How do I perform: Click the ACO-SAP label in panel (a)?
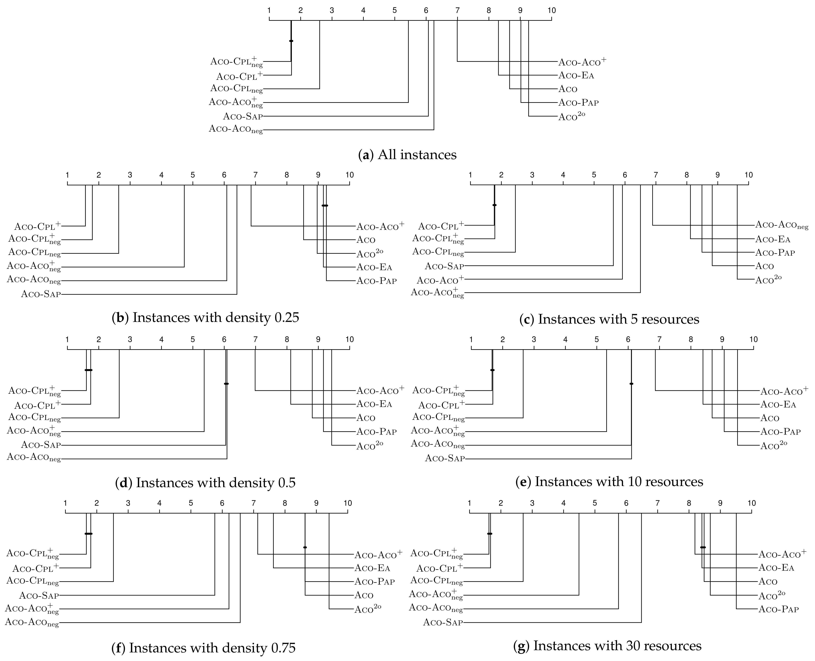[x=243, y=116]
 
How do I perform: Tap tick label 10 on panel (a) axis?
[x=551, y=10]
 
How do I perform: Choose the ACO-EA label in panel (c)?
[x=773, y=239]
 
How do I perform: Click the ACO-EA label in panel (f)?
[x=372, y=568]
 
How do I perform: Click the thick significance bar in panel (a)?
[x=291, y=41]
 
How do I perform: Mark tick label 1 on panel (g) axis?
[x=469, y=503]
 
